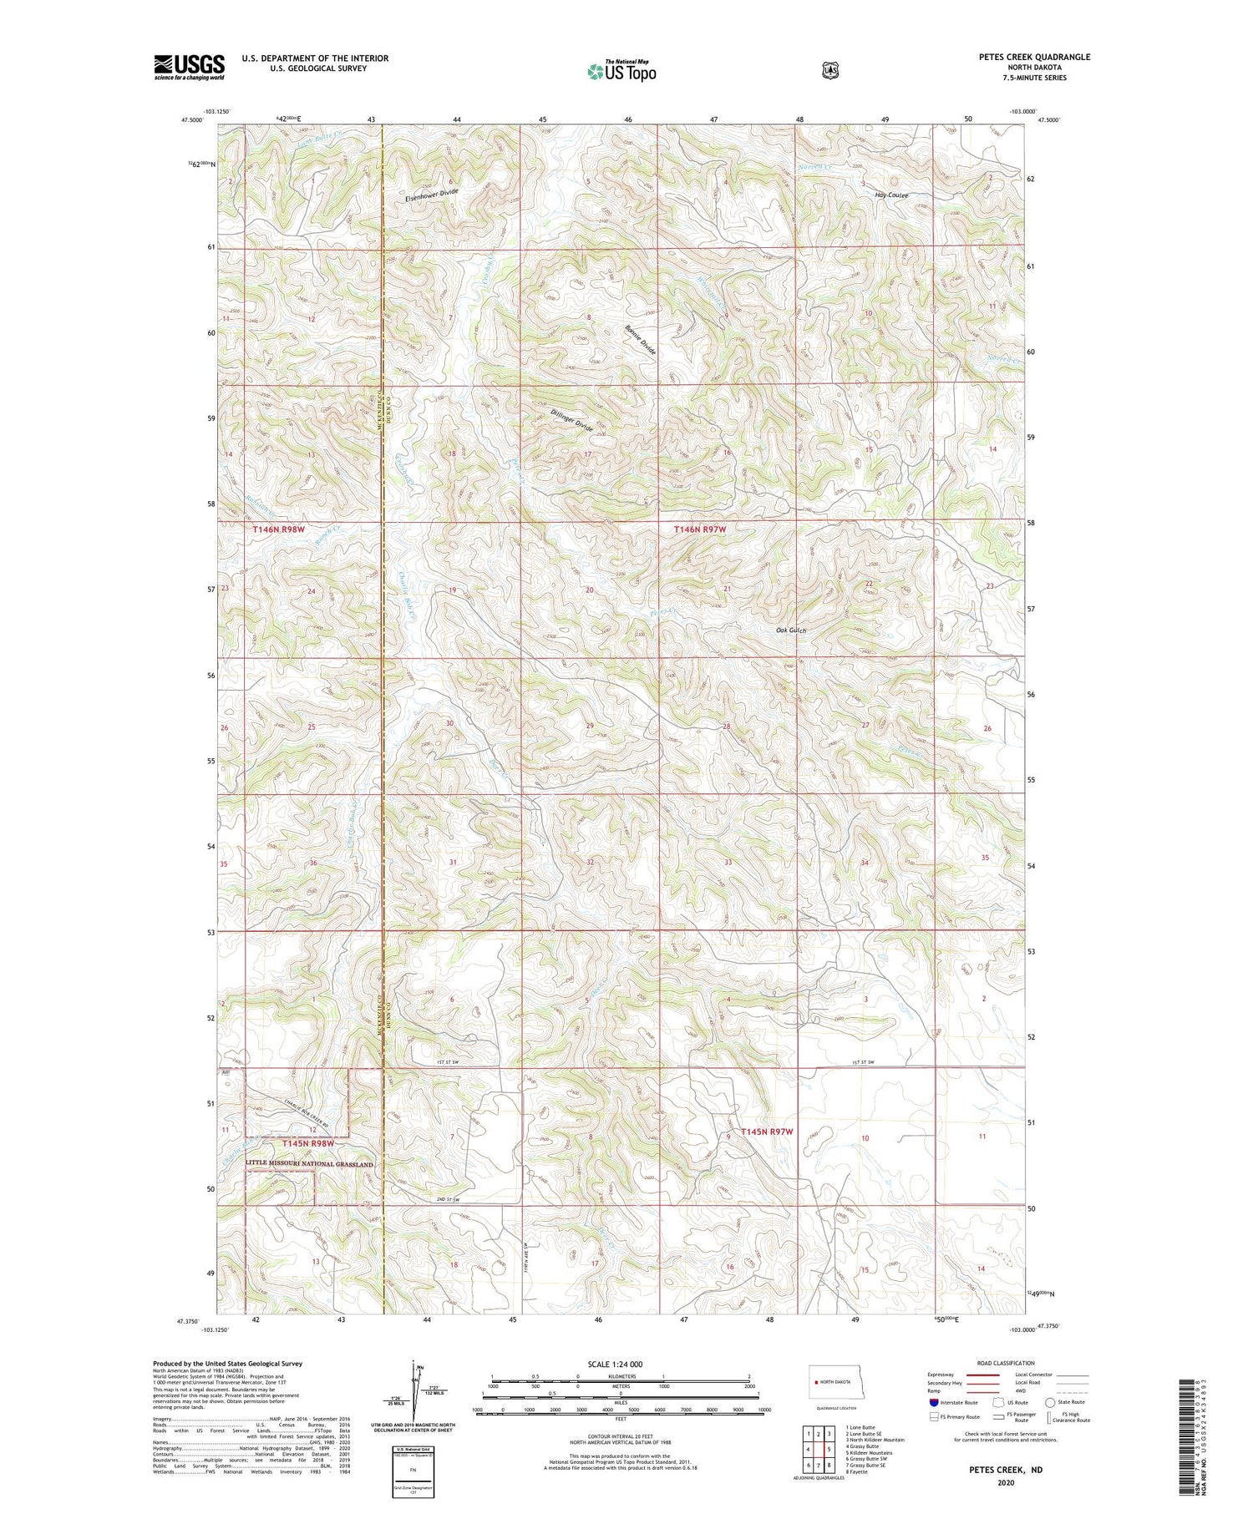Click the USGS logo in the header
coord(190,67)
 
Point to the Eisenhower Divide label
coord(432,195)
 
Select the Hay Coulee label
coord(891,195)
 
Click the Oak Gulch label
coord(791,630)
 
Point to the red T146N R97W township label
coord(707,529)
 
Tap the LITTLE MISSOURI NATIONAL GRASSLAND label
coord(309,1163)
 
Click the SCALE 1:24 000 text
coord(619,1364)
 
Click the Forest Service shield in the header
coord(829,71)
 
